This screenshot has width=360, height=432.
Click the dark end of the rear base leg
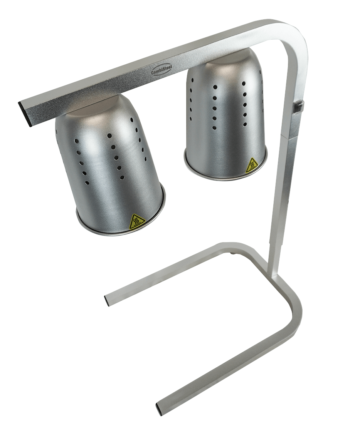tap(108, 300)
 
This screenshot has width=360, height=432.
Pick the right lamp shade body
tap(225, 116)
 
